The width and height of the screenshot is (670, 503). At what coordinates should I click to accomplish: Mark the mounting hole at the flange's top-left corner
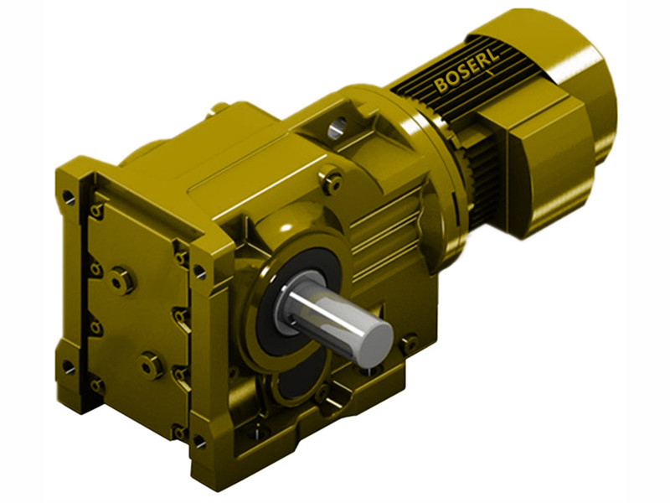click(x=68, y=198)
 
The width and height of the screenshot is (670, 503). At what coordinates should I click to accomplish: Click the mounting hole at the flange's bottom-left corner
click(x=68, y=366)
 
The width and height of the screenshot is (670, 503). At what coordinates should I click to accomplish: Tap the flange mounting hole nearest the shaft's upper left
click(x=199, y=271)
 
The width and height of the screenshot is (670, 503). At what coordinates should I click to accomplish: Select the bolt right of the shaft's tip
click(x=409, y=343)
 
